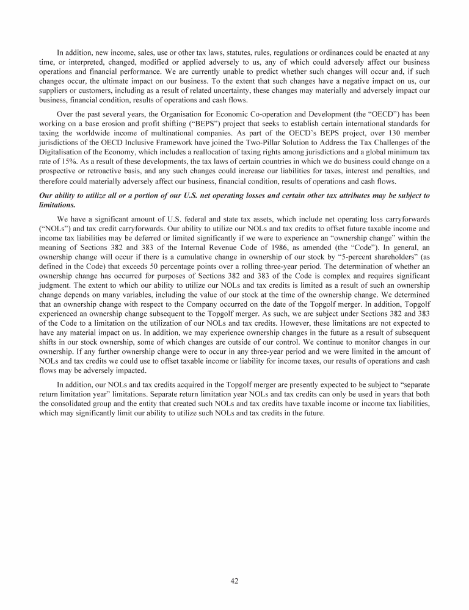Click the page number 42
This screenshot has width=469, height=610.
tap(234, 581)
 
